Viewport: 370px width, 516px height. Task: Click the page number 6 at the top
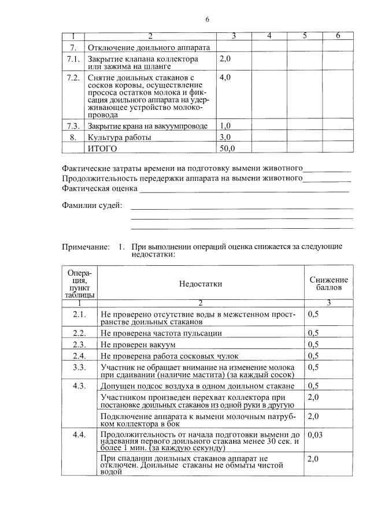coord(207,20)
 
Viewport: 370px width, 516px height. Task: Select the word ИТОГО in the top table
coord(102,149)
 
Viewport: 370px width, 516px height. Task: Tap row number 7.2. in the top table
coord(73,77)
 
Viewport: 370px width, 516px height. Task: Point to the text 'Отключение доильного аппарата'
coord(148,47)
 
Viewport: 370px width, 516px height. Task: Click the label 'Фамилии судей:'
coord(91,206)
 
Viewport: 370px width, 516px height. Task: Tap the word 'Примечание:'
coord(86,247)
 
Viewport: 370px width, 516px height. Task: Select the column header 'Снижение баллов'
coord(328,283)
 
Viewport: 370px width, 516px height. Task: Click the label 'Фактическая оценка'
coord(99,188)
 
